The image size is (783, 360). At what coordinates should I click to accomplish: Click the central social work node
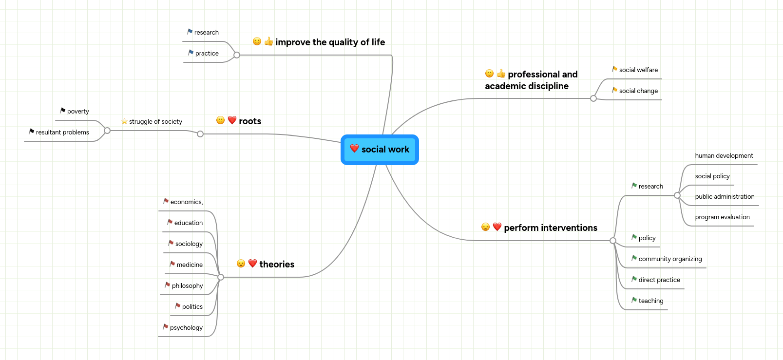point(385,150)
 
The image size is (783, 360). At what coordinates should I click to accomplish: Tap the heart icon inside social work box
point(354,149)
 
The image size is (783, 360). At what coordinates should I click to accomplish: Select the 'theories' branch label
point(277,265)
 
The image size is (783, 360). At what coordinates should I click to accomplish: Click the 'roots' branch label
point(250,121)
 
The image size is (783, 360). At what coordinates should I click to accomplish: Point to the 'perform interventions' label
point(550,228)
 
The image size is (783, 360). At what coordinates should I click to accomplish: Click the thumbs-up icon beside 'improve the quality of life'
point(268,41)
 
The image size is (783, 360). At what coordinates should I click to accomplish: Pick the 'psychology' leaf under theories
point(186,328)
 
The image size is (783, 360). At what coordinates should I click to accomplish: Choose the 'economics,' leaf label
point(187,202)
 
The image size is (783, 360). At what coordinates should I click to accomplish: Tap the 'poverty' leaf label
point(78,112)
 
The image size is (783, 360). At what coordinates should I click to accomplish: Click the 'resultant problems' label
point(62,133)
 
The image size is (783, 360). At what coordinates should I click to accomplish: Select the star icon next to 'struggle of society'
point(124,121)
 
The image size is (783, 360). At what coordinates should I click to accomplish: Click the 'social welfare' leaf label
point(638,70)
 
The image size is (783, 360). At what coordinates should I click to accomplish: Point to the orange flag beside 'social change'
point(614,90)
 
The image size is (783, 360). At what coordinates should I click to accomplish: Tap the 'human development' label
point(724,156)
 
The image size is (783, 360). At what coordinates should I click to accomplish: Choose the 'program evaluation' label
point(722,217)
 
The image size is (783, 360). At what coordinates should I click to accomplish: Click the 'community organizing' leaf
point(670,259)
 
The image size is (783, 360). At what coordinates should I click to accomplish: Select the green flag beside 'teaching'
point(634,300)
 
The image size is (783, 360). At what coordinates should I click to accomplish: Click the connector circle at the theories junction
point(221,277)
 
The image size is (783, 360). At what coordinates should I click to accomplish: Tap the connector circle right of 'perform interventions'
point(613,241)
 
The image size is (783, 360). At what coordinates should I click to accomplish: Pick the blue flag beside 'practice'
point(191,53)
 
